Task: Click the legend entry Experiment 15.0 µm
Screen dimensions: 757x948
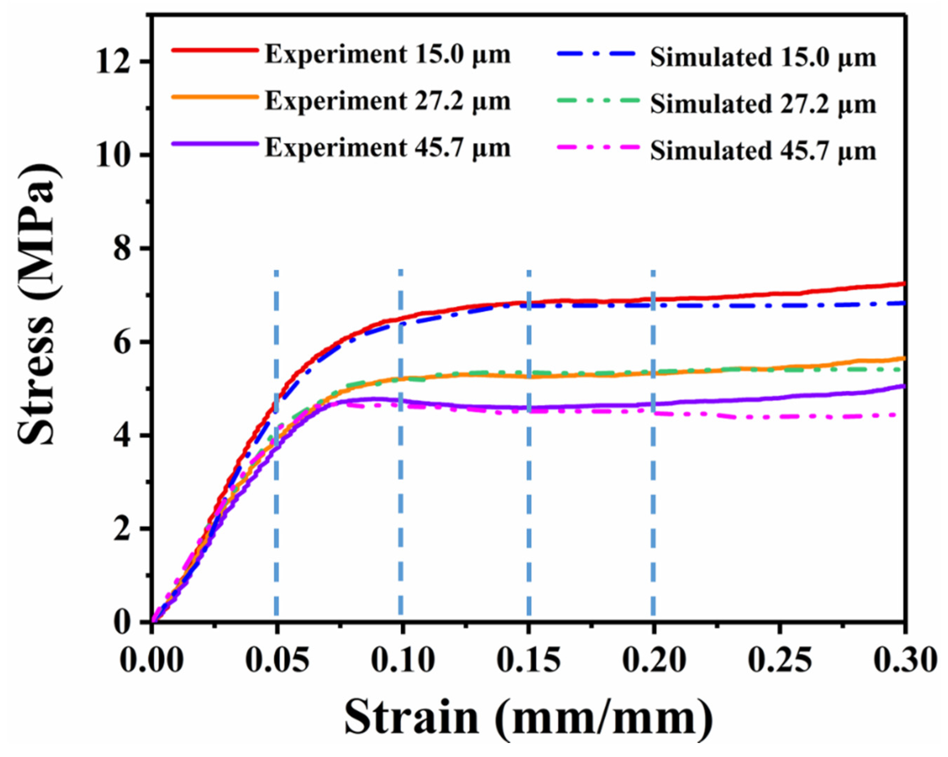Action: point(387,55)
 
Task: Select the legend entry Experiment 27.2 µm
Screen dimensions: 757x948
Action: point(387,102)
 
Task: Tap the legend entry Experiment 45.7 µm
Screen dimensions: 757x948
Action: point(387,148)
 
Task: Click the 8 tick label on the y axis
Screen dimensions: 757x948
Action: point(125,249)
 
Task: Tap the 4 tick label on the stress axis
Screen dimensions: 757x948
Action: point(125,435)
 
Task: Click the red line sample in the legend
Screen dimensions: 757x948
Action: point(214,50)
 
